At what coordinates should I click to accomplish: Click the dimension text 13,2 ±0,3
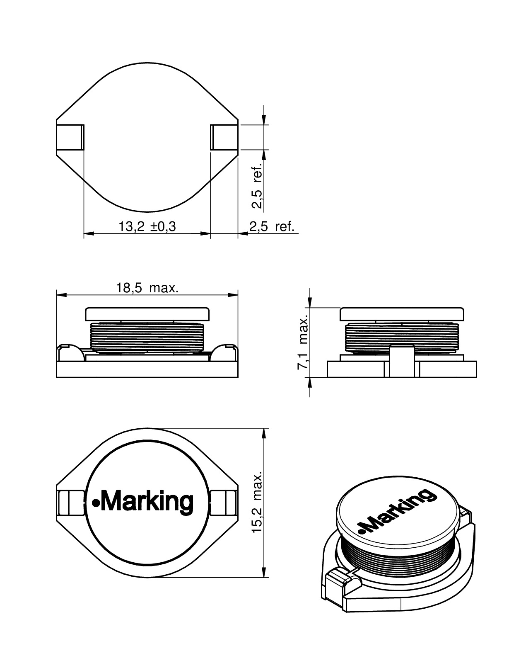point(147,227)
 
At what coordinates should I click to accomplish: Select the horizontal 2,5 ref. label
point(272,227)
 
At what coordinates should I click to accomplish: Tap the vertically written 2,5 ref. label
point(257,184)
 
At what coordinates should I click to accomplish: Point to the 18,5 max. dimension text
point(147,288)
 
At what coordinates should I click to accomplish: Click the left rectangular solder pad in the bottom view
point(70,137)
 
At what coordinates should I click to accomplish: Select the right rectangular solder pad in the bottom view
point(224,137)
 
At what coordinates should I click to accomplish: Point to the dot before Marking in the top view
point(95,504)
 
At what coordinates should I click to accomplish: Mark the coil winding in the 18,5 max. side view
point(147,337)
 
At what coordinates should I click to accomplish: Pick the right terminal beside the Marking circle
point(224,502)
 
